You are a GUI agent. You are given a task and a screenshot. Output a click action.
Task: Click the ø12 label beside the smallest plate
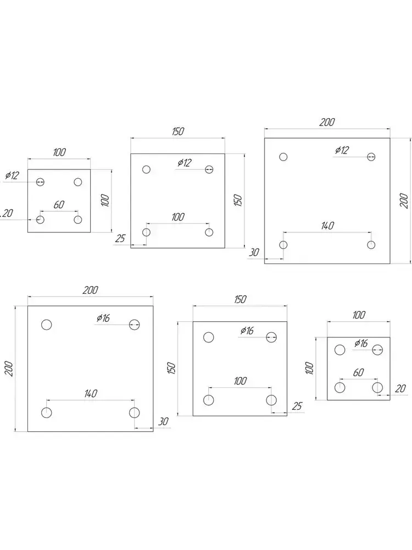tap(12, 176)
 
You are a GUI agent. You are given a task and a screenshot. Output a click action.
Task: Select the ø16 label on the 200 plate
tap(103, 318)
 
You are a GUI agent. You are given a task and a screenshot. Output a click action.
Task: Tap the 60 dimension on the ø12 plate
tap(59, 205)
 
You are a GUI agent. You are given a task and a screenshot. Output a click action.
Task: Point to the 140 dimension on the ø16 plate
tap(91, 393)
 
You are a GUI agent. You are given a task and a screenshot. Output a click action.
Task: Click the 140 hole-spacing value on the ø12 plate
tap(327, 225)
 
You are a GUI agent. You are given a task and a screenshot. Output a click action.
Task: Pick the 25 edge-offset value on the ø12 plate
tap(121, 238)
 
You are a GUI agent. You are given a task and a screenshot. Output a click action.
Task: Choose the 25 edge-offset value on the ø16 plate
tap(297, 406)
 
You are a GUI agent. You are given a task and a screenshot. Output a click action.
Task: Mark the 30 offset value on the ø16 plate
tap(163, 422)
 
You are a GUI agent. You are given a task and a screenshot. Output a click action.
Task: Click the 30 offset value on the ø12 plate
tap(254, 252)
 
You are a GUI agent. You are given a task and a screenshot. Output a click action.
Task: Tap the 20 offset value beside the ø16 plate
tap(400, 389)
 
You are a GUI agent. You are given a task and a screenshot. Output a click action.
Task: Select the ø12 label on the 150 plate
tap(185, 163)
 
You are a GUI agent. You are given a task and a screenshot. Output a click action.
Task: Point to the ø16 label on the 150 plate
tap(247, 331)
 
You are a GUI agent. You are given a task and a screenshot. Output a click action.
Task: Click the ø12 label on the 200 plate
tap(342, 150)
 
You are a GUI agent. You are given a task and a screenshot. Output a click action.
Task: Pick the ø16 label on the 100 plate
tap(361, 343)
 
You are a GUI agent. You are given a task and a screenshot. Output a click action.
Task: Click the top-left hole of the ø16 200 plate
tap(47, 324)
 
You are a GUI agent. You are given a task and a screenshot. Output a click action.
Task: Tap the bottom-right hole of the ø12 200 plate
tap(371, 245)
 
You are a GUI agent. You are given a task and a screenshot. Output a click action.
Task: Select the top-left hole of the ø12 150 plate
tap(146, 169)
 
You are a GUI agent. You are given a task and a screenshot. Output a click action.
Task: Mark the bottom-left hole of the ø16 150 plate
tap(209, 400)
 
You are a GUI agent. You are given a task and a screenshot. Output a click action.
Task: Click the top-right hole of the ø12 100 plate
tap(78, 182)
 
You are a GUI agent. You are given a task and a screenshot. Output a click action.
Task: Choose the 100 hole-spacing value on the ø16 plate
tap(240, 381)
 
